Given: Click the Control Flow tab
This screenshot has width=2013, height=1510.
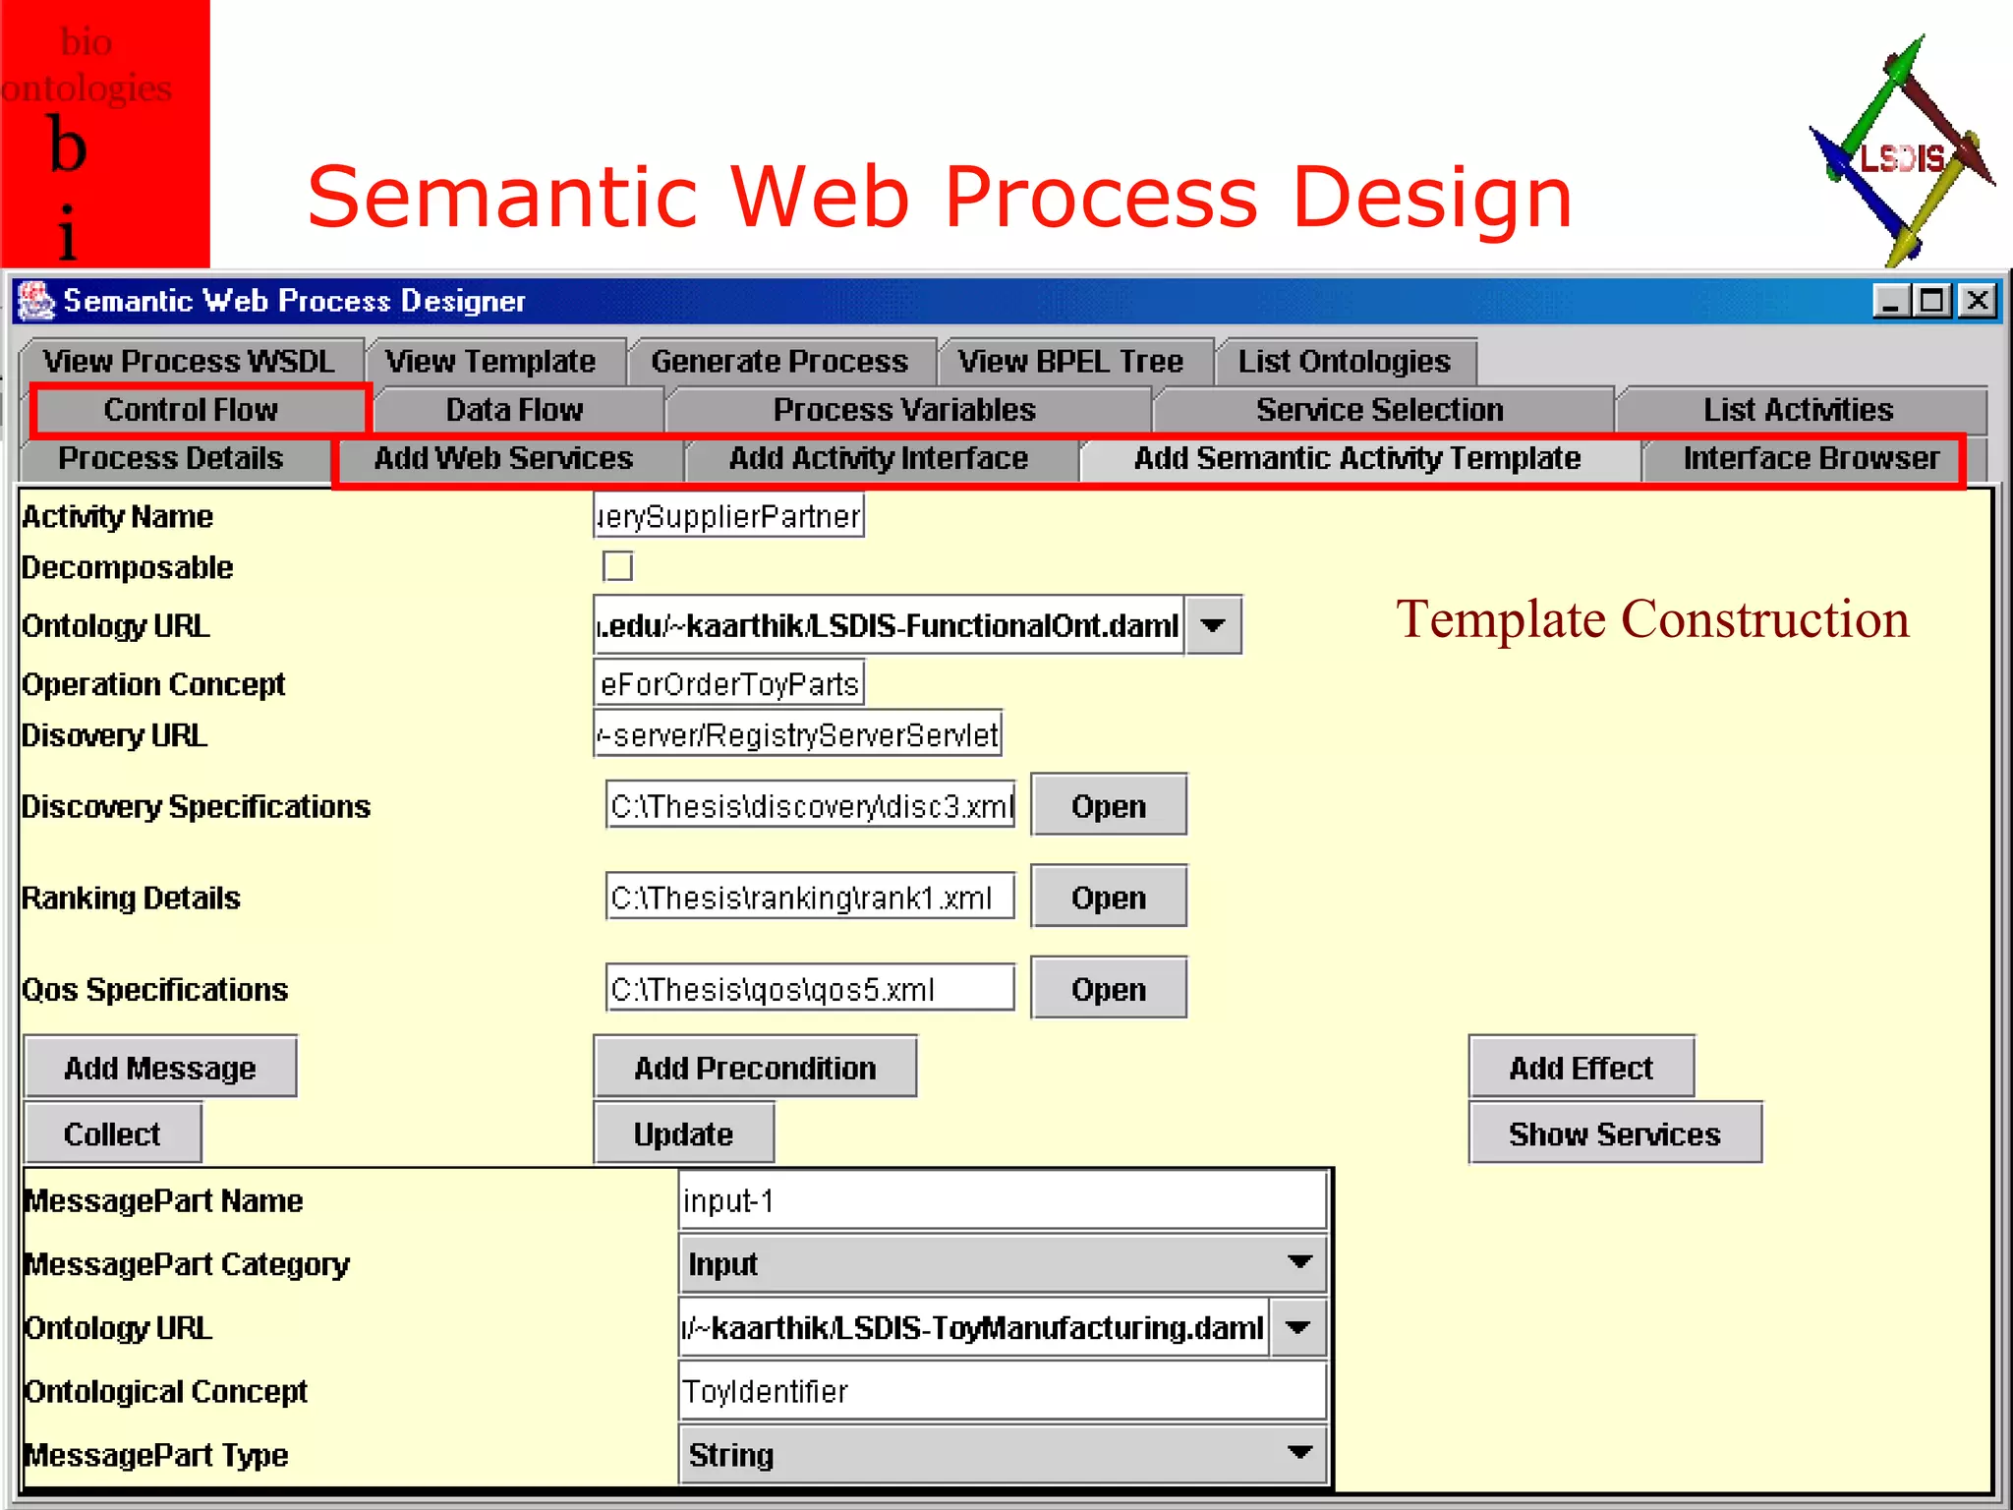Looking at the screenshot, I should pos(191,410).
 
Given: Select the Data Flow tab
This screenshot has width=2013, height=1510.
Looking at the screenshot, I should pos(514,410).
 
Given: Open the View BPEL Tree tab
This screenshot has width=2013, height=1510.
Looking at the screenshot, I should pos(1070,362).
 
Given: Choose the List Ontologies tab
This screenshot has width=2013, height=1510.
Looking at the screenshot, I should pos(1344,362).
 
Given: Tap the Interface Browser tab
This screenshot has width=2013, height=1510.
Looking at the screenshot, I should pos(1811,459).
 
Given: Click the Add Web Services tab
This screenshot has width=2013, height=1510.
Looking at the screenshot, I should pos(503,459).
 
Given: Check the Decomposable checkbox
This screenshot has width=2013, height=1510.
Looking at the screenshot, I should pos(618,567).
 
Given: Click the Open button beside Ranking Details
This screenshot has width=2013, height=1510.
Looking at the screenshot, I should pos(1108,898).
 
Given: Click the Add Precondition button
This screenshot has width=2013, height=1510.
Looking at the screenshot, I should pos(754,1068).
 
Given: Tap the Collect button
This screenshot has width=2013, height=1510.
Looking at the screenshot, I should pos(112,1134).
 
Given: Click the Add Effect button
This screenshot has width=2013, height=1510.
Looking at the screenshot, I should pos(1581,1068).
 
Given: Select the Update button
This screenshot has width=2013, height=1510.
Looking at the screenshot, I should pos(683,1134).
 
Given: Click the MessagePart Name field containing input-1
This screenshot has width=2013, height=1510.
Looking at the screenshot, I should pos(1001,1201).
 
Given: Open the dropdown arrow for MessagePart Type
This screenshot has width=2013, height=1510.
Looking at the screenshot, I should pos(1299,1454).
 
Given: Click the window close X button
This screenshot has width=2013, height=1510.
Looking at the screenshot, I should pos(1978,300).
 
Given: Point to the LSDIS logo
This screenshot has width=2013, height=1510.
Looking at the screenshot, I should pos(1901,153).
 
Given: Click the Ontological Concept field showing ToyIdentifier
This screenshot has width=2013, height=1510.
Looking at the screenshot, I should pos(1001,1392).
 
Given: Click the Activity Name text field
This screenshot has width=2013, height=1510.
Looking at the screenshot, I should pos(728,516).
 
